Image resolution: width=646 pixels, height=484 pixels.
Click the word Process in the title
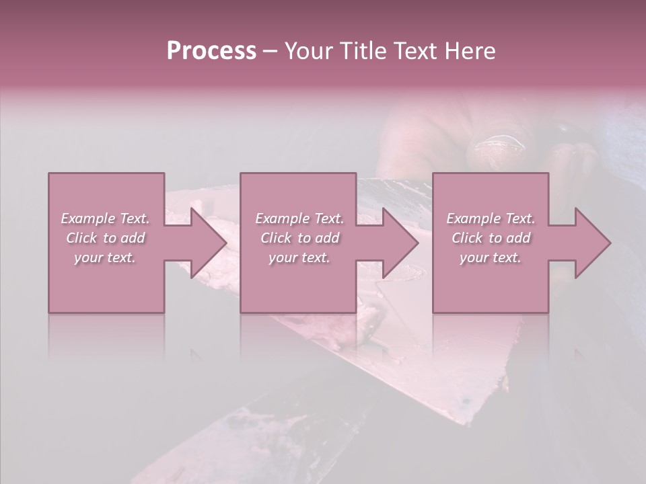(211, 51)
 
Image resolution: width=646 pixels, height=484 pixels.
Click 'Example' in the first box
(88, 218)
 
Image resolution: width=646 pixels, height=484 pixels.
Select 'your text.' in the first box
(105, 257)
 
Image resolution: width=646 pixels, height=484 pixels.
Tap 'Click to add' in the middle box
(299, 238)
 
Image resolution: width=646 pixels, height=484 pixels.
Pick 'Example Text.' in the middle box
(299, 218)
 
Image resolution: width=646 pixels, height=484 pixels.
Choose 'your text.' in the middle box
(299, 257)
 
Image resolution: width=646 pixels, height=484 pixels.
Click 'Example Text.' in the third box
(491, 218)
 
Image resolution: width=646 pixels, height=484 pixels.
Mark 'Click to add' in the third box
(491, 238)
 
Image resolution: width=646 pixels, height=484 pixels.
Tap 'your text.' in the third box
(491, 257)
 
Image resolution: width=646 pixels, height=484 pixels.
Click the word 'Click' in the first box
(82, 238)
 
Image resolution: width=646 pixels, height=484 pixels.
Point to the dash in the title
(270, 52)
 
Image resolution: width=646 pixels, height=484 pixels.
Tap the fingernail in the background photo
(498, 142)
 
